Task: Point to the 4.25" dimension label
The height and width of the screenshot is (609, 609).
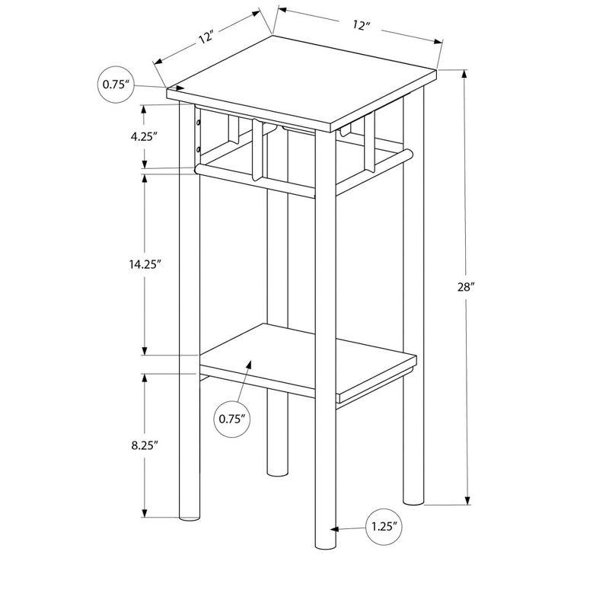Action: coord(143,137)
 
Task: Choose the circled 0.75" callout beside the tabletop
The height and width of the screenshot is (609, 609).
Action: coord(116,85)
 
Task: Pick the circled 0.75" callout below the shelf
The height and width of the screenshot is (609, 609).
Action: coord(233,418)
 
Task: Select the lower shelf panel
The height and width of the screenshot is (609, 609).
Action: coord(304,362)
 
